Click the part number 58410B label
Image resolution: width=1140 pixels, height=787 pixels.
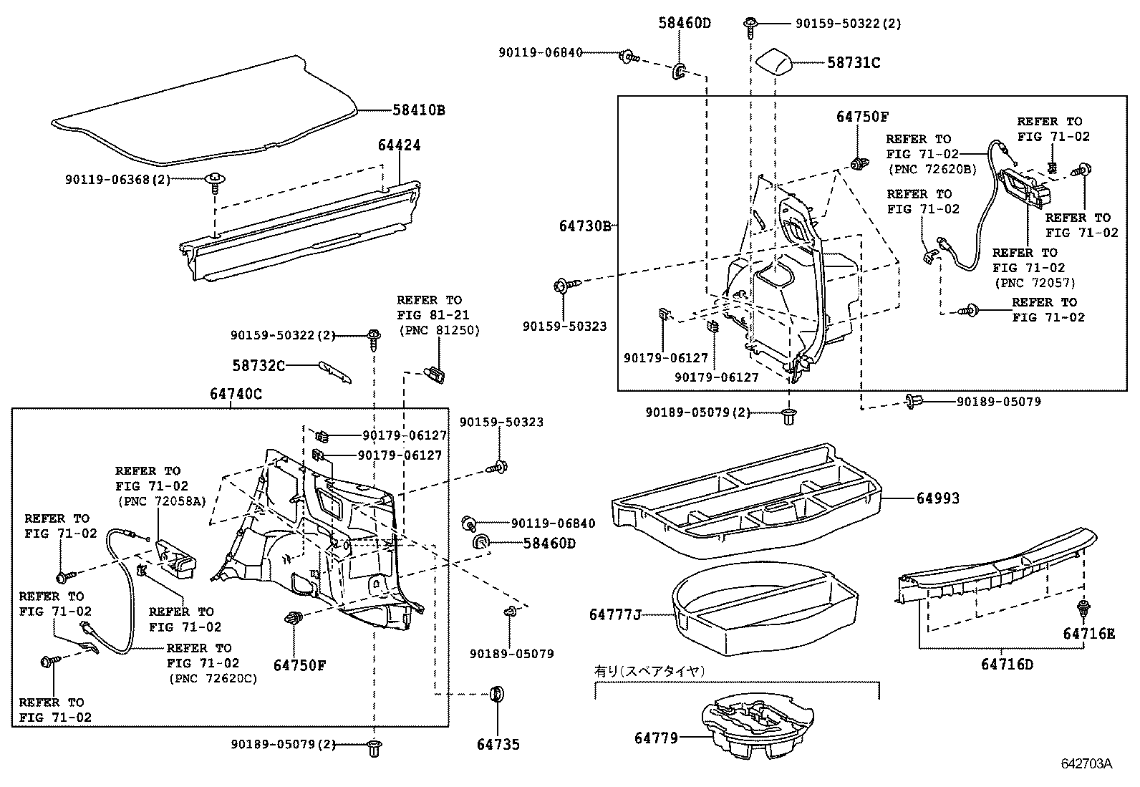418,110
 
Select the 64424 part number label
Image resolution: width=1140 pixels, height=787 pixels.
399,145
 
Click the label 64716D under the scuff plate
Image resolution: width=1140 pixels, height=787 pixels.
1007,664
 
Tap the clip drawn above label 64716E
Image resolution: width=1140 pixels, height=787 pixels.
1083,609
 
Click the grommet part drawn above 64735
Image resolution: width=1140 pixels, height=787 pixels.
496,694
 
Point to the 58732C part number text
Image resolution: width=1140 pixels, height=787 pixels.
258,365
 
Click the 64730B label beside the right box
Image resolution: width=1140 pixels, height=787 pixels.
585,226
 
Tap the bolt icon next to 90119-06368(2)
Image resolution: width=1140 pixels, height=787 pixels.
214,180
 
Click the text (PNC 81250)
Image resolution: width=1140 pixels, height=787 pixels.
439,329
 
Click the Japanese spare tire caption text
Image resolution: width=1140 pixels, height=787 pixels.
650,671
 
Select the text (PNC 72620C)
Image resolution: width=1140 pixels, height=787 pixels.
212,678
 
